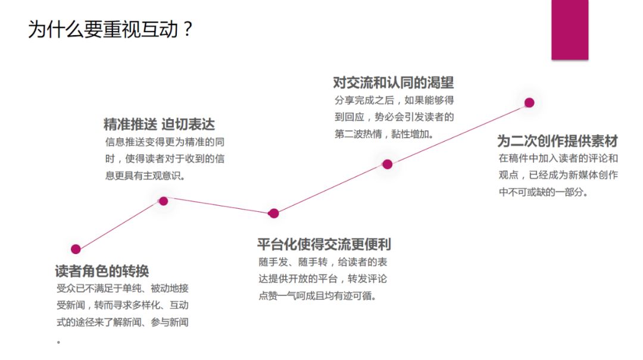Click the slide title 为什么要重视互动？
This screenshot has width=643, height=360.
tap(111, 29)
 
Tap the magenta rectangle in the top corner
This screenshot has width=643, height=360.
tap(569, 30)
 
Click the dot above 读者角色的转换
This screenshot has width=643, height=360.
tap(76, 249)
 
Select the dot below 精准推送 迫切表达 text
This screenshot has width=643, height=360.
tap(163, 201)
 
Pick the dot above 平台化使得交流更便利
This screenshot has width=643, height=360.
tap(273, 213)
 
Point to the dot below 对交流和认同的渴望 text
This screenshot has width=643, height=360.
tap(387, 164)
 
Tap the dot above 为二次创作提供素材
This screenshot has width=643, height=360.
tap(529, 102)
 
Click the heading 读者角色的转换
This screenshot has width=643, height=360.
tap(102, 271)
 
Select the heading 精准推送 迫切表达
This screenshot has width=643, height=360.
tap(159, 124)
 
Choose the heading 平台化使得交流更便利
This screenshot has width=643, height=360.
tap(324, 244)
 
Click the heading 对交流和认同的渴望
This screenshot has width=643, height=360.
tap(394, 82)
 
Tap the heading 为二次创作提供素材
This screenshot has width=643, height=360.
tap(557, 141)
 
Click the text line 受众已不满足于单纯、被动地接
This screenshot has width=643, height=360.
tap(122, 289)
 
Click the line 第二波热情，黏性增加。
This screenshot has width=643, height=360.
tap(384, 134)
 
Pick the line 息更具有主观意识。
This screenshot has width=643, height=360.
tap(145, 176)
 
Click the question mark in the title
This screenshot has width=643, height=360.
tap(188, 29)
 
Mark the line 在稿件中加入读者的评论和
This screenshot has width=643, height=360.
tap(558, 159)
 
